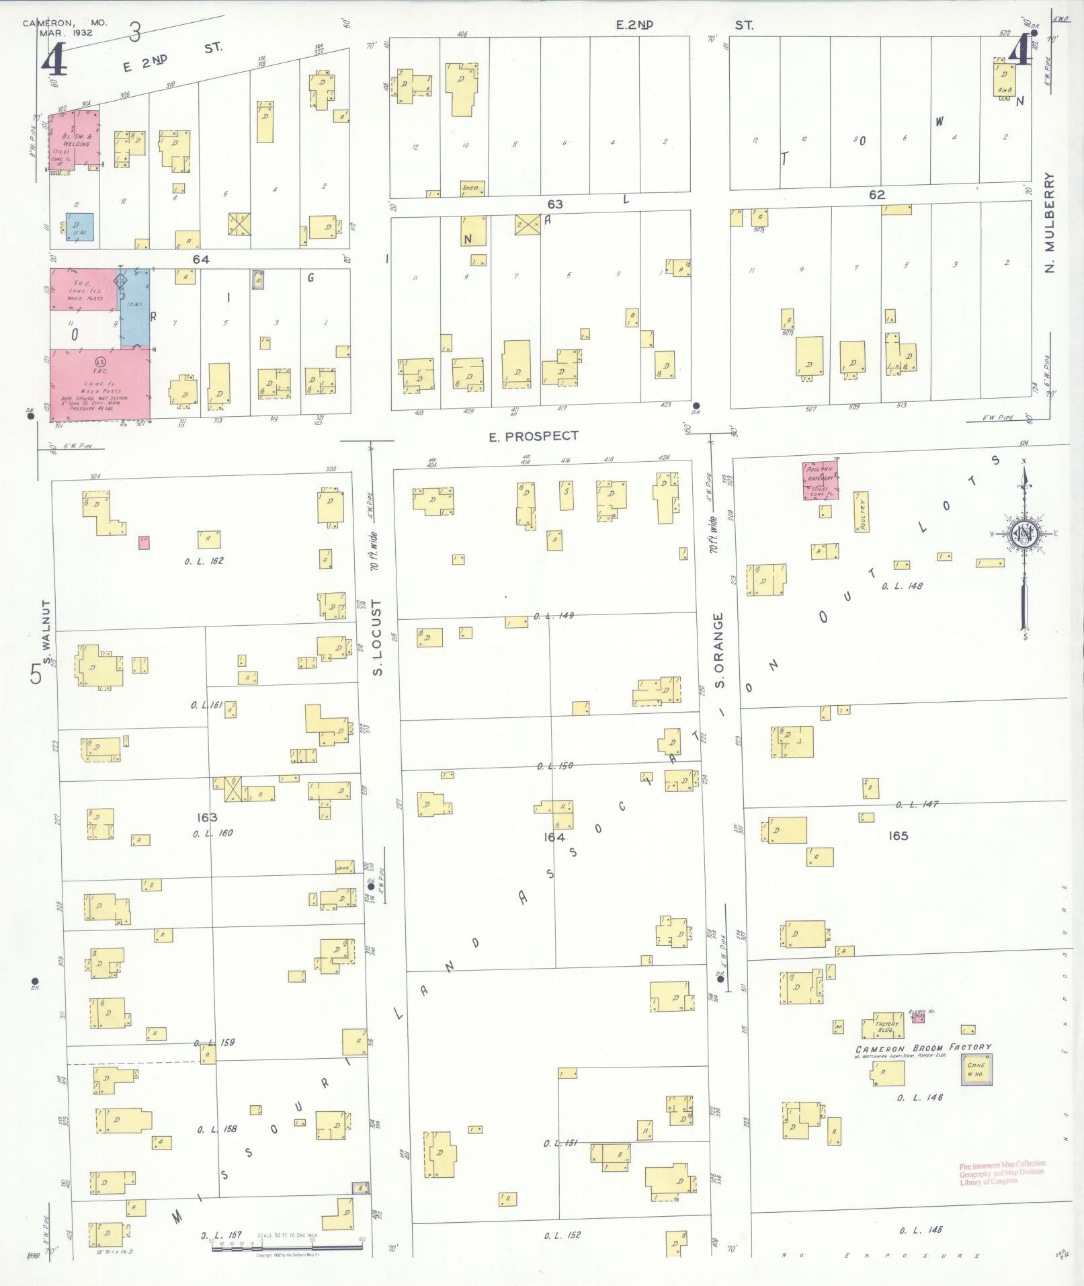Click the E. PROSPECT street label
click(533, 436)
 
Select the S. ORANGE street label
click(718, 650)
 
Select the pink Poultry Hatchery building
click(821, 480)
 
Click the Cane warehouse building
click(976, 1068)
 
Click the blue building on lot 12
click(79, 227)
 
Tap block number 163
click(207, 817)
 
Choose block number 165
click(898, 836)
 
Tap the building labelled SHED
click(470, 188)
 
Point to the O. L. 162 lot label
click(204, 561)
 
